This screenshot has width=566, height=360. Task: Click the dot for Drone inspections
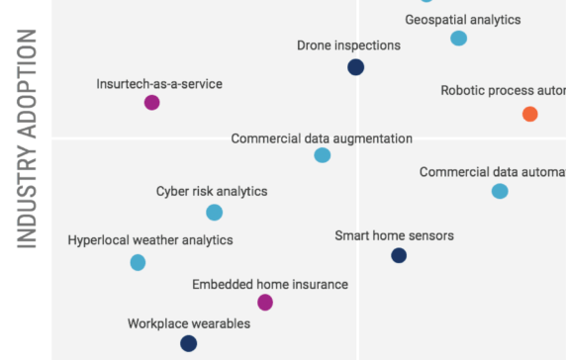(x=356, y=67)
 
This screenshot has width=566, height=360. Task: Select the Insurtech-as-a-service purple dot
(x=151, y=102)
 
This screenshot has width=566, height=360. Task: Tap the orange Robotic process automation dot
(x=529, y=114)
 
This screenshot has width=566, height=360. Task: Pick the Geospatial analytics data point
(x=458, y=39)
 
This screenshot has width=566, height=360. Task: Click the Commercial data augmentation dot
(x=322, y=155)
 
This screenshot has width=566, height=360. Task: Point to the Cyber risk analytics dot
(x=214, y=212)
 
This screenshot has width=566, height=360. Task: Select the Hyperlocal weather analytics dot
(x=138, y=262)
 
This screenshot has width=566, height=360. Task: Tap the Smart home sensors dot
(x=398, y=255)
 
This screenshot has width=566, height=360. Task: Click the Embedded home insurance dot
(x=264, y=302)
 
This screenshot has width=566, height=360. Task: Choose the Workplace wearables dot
(x=188, y=343)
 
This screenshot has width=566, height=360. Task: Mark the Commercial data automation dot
(x=500, y=191)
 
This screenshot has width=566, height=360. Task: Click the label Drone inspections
(x=348, y=45)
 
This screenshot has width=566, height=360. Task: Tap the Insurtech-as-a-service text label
(x=159, y=84)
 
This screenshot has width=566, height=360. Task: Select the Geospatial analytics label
(x=462, y=19)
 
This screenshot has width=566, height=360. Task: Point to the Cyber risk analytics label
(x=212, y=192)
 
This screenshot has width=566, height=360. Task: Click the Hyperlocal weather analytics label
(x=150, y=240)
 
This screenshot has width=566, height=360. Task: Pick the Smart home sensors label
(x=394, y=235)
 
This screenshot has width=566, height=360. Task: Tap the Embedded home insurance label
(x=270, y=284)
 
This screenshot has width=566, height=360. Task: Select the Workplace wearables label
(x=189, y=323)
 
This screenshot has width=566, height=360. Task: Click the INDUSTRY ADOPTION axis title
(x=27, y=137)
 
